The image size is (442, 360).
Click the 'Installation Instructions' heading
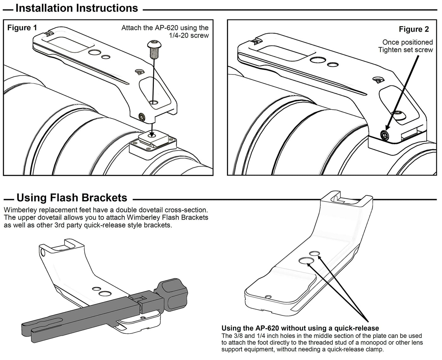(x=77, y=8)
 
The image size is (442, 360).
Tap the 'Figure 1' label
(x=22, y=28)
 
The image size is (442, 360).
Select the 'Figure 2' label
(x=414, y=29)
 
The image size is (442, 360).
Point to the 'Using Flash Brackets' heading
(x=72, y=198)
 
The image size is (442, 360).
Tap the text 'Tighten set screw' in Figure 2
(x=405, y=50)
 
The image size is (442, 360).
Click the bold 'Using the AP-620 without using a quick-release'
(x=300, y=328)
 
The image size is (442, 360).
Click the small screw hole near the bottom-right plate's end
(x=268, y=297)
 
